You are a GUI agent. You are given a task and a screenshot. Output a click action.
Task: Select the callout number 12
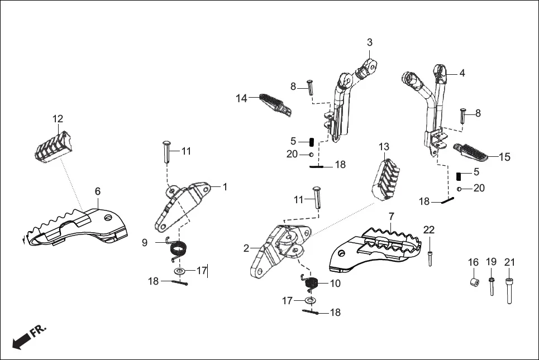(x=58, y=119)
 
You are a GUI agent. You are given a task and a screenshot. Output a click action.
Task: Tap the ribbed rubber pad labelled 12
(x=51, y=145)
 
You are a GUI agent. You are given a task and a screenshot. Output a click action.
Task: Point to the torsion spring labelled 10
(x=311, y=284)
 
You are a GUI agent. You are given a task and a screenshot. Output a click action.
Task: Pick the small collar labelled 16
(x=474, y=280)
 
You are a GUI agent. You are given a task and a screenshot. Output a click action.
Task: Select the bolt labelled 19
(x=492, y=286)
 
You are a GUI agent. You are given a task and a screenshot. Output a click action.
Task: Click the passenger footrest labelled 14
(x=271, y=103)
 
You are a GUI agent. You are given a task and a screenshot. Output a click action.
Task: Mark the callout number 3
(x=370, y=42)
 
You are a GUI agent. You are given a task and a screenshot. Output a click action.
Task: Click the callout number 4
(x=462, y=73)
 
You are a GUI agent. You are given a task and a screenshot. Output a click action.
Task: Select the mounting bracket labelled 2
(x=274, y=251)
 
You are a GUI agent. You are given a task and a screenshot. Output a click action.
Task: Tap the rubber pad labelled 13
(x=385, y=176)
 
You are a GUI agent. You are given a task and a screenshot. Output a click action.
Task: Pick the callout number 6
(x=98, y=191)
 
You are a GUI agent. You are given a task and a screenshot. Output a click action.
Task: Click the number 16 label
(x=473, y=262)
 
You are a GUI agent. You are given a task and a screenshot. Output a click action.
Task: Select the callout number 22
(x=429, y=230)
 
